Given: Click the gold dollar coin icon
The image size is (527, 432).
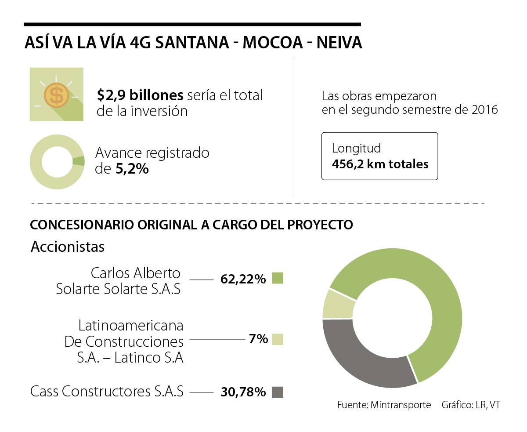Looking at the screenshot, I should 56,94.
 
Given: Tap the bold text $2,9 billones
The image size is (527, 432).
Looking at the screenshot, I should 140,95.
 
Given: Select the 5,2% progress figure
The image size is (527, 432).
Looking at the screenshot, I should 132,169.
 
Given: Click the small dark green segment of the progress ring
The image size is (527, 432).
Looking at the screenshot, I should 79,161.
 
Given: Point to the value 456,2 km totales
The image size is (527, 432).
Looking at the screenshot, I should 380,164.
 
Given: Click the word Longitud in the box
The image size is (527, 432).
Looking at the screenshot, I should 356,148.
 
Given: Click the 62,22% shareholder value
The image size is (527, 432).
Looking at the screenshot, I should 243,279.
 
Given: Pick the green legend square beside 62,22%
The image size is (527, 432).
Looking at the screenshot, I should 277,278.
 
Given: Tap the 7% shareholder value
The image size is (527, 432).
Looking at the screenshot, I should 257,339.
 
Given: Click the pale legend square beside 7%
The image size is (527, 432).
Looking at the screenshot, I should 277,339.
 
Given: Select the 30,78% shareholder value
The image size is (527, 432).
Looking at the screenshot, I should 243,392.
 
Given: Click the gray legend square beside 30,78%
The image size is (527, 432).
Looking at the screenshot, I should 277,392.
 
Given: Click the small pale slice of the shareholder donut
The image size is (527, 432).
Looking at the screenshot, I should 338,304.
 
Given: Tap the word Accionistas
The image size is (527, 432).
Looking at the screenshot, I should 68,247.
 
